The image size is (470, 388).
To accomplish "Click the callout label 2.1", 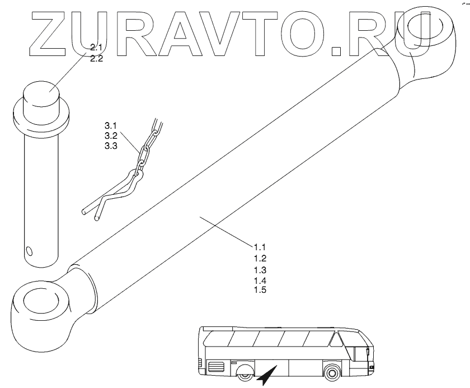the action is (96, 49).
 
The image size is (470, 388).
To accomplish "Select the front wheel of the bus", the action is (332, 372).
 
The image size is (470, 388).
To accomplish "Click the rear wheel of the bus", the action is (245, 373).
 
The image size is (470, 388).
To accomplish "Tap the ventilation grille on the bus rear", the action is (215, 367).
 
